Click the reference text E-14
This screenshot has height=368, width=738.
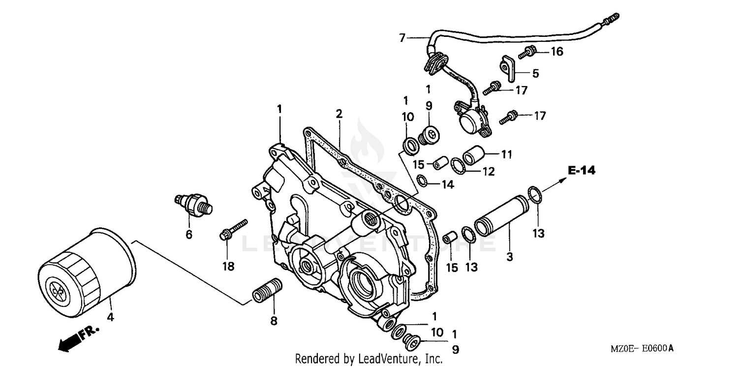click(x=581, y=171)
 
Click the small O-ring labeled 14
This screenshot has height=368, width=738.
click(x=422, y=181)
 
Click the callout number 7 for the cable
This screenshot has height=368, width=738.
click(x=402, y=37)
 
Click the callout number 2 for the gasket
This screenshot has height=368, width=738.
click(x=339, y=114)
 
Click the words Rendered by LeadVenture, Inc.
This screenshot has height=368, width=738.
click(x=369, y=359)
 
